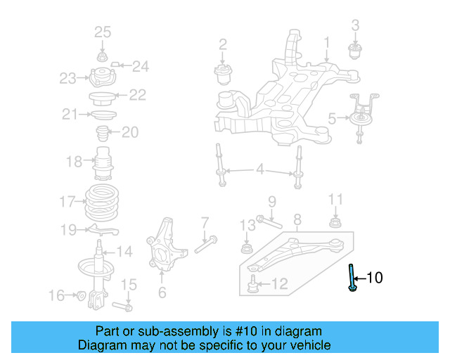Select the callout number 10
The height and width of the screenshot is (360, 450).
coord(375,278)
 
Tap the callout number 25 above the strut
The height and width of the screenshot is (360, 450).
coord(103,32)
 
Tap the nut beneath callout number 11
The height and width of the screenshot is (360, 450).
coord(336,224)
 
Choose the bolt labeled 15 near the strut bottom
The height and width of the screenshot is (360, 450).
coord(125,307)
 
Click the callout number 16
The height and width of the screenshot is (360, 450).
coord(56,296)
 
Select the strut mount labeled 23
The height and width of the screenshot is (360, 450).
coord(101,76)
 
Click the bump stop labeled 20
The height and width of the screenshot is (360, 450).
coord(101,132)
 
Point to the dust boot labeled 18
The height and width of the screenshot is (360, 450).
coord(103,164)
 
